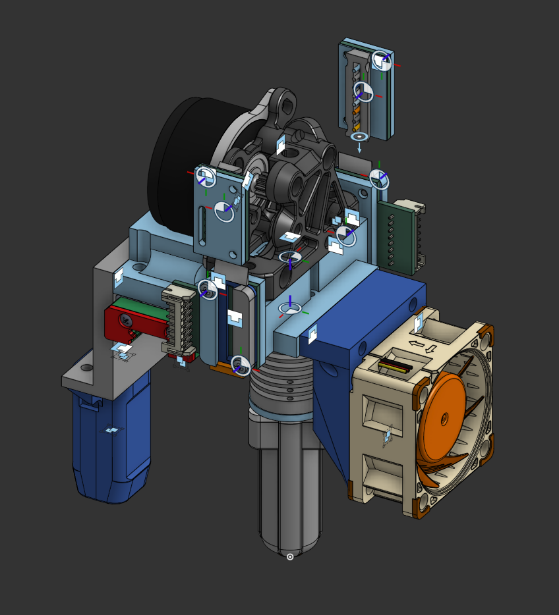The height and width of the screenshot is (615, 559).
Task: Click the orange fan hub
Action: click(443, 418)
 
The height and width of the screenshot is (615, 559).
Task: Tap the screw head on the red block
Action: click(125, 320)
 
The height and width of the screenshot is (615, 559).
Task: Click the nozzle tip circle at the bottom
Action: click(290, 557)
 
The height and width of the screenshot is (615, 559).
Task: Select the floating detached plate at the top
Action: click(367, 92)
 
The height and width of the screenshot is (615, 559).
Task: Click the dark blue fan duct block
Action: click(369, 309)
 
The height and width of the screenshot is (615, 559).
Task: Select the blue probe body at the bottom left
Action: click(109, 448)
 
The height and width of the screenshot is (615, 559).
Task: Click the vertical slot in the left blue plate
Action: click(202, 224)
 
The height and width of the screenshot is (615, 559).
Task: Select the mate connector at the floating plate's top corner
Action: click(382, 61)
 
